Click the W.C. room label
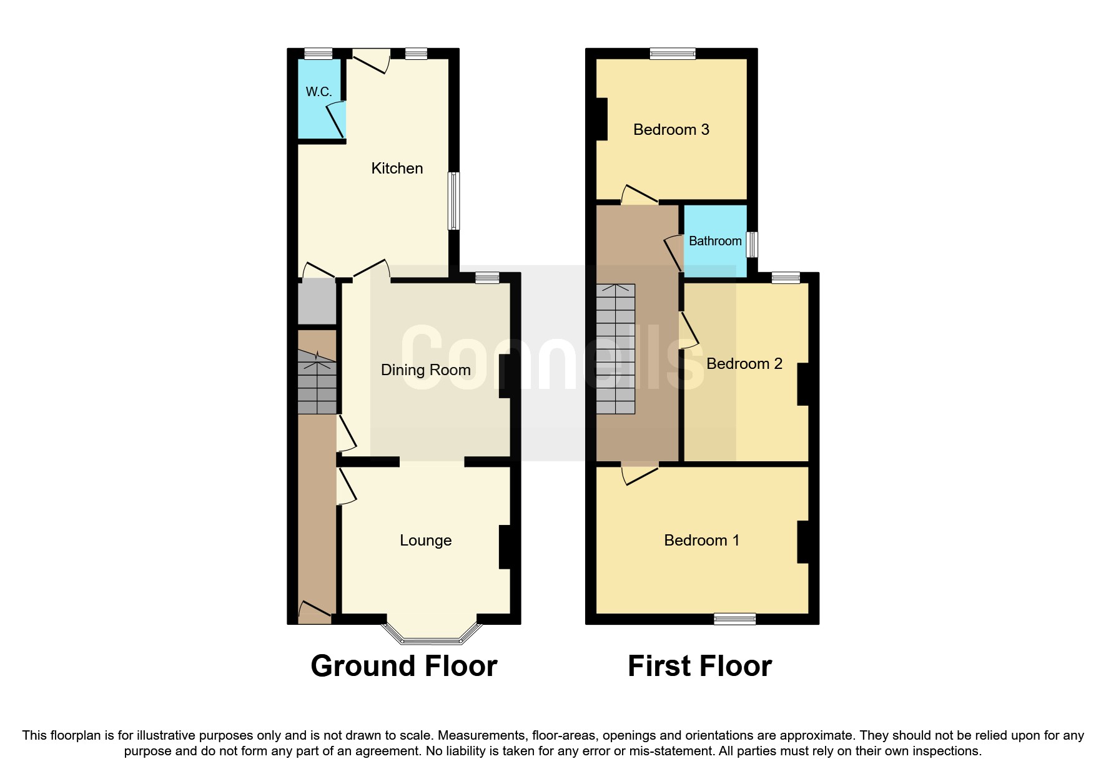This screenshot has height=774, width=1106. pyautogui.click(x=318, y=92)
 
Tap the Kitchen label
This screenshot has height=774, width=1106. pyautogui.click(x=397, y=168)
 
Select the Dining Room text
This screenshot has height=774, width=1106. pyautogui.click(x=425, y=370)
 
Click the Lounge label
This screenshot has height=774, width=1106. pyautogui.click(x=425, y=540)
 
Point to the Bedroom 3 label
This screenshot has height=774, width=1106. pyautogui.click(x=671, y=129)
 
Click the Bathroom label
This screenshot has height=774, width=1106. pyautogui.click(x=715, y=241)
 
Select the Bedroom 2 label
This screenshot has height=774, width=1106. pyautogui.click(x=744, y=363)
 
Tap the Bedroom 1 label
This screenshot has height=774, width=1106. pyautogui.click(x=701, y=540)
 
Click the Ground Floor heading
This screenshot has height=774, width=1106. pyautogui.click(x=403, y=665)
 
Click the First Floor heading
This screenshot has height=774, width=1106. pyautogui.click(x=699, y=665)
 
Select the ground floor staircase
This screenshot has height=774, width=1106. pyautogui.click(x=317, y=382)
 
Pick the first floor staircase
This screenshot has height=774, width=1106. pyautogui.click(x=615, y=349)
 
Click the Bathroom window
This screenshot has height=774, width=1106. pyautogui.click(x=753, y=244)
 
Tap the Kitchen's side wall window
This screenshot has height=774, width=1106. pyautogui.click(x=454, y=201)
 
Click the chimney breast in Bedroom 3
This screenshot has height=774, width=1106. pyautogui.click(x=601, y=119)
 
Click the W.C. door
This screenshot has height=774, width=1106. pyautogui.click(x=336, y=119)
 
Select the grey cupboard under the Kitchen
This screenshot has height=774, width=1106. pyautogui.click(x=317, y=301)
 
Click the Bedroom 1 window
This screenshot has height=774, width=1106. pyautogui.click(x=735, y=619)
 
